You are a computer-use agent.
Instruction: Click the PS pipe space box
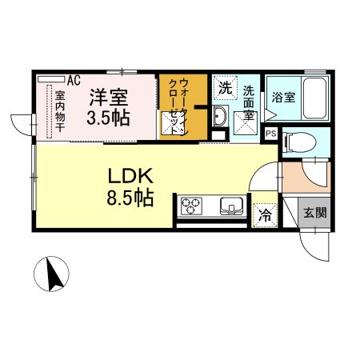click(x=270, y=134)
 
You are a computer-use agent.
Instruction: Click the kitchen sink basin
click(x=232, y=207)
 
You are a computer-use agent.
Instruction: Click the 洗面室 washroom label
click(x=250, y=102)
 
